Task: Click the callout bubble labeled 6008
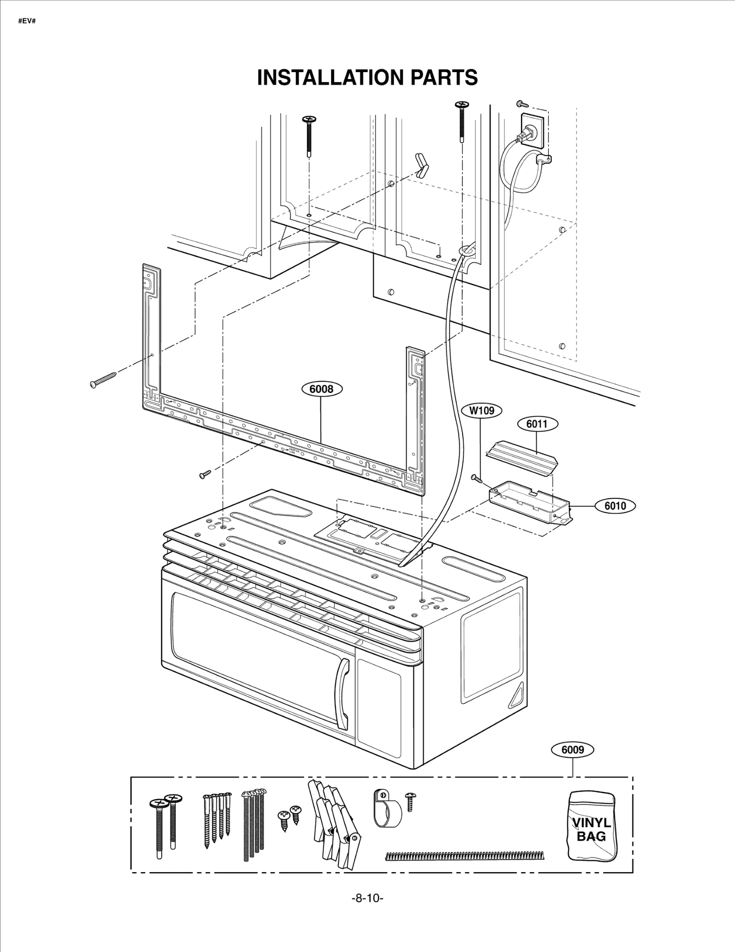pyautogui.click(x=322, y=389)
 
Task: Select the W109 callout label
pyautogui.click(x=481, y=410)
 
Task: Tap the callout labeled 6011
pyautogui.click(x=537, y=423)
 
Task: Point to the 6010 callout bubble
pyautogui.click(x=615, y=506)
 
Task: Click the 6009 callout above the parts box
pyautogui.click(x=572, y=750)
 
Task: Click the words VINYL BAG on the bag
pyautogui.click(x=591, y=829)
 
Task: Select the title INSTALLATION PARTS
pyautogui.click(x=367, y=78)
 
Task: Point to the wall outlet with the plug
pyautogui.click(x=532, y=131)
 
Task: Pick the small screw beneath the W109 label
pyautogui.click(x=477, y=479)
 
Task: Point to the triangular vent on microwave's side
pyautogui.click(x=517, y=695)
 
